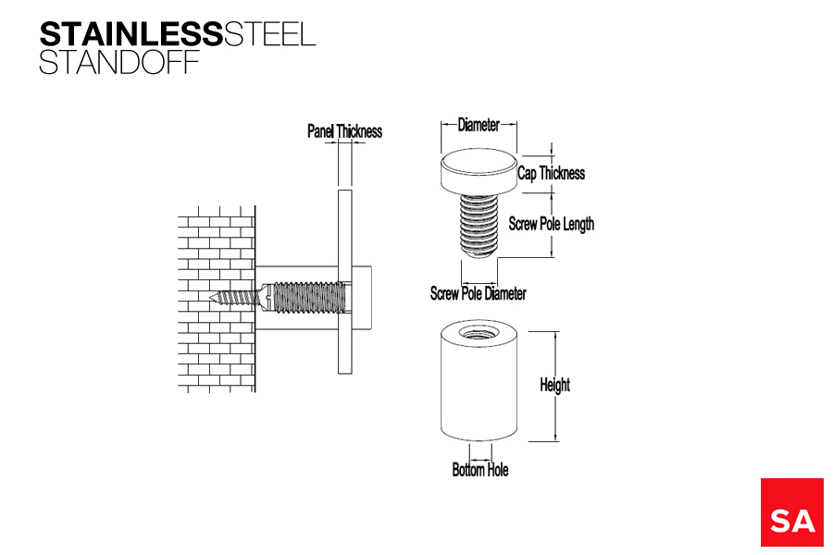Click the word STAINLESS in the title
pyautogui.click(x=131, y=34)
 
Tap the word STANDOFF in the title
pyautogui.click(x=119, y=62)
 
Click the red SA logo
pyautogui.click(x=791, y=512)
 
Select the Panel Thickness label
pyautogui.click(x=345, y=131)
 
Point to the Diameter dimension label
pyautogui.click(x=479, y=125)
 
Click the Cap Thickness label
pyautogui.click(x=552, y=173)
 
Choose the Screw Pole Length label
pyautogui.click(x=552, y=224)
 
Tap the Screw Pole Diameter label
pyautogui.click(x=479, y=293)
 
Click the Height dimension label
pyautogui.click(x=554, y=385)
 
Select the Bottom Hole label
pyautogui.click(x=480, y=470)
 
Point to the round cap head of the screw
pyautogui.click(x=479, y=171)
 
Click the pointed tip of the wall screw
pyautogui.click(x=210, y=296)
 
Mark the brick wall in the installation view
pyautogui.click(x=217, y=300)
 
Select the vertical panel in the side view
pyautogui.click(x=345, y=281)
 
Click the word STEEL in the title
pyautogui.click(x=270, y=34)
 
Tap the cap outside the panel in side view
pyautogui.click(x=362, y=298)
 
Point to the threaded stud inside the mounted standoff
pyautogui.click(x=308, y=298)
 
